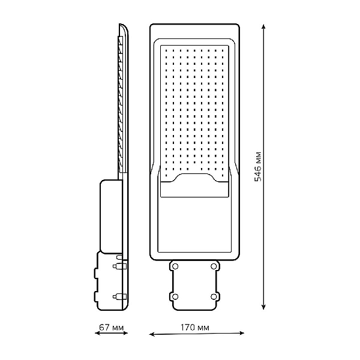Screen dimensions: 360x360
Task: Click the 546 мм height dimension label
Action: (x=258, y=166)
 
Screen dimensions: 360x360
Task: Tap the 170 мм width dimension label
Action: (x=195, y=328)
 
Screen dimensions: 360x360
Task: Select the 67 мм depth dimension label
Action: (x=112, y=327)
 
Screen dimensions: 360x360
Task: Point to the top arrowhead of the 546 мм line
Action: (x=263, y=26)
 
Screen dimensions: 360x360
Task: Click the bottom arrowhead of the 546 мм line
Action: (x=263, y=307)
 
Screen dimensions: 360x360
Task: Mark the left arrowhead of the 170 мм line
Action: (x=152, y=334)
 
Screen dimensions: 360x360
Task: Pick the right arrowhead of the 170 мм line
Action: (x=242, y=333)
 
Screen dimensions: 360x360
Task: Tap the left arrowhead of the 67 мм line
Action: (x=97, y=333)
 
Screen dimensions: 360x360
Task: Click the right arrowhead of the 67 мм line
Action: (x=125, y=333)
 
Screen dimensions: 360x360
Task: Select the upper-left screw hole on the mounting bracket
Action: (x=175, y=266)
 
